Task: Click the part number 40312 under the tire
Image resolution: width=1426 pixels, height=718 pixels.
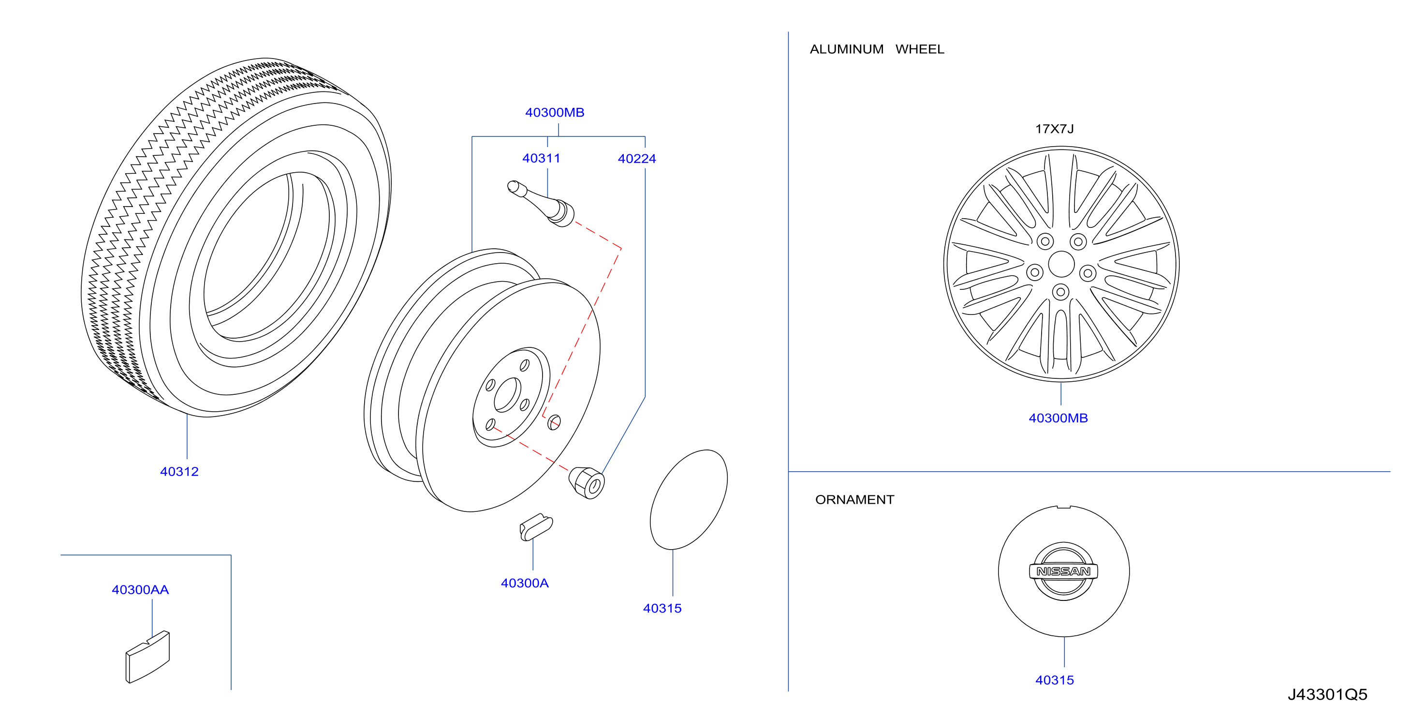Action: point(179,471)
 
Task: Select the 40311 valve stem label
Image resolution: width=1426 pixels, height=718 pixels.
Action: point(542,158)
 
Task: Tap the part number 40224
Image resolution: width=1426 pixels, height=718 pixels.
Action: point(637,159)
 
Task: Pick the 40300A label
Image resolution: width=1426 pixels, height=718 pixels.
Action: point(524,583)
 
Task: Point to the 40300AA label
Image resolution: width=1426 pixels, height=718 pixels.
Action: point(140,589)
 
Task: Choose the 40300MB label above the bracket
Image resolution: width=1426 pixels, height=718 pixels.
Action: point(555,112)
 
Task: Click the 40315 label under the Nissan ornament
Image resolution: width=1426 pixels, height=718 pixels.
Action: point(1054,680)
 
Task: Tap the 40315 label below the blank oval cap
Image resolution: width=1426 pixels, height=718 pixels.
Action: point(662,608)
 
